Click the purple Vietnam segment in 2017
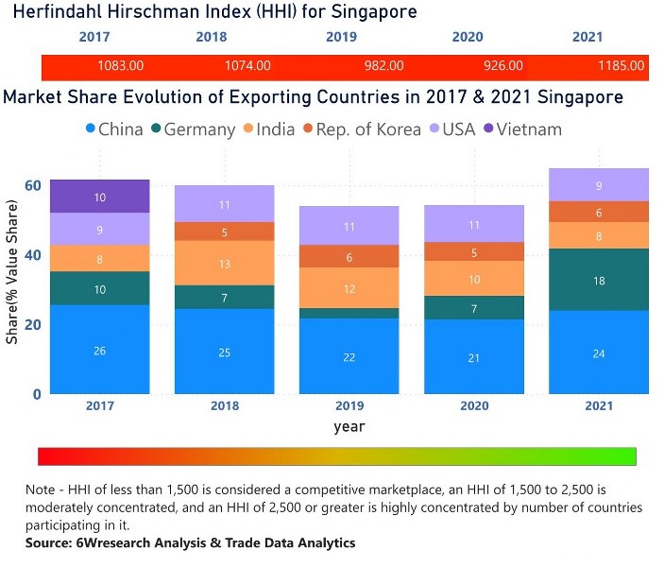100,197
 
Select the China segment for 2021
599,352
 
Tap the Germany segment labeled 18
599,280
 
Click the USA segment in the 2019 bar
349,227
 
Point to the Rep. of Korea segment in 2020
475,252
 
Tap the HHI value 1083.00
121,66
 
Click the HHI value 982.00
383,66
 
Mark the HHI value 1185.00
621,66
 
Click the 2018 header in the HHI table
212,38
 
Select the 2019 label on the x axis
349,405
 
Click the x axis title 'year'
349,426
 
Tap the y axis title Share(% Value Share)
13,270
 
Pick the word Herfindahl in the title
52,12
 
